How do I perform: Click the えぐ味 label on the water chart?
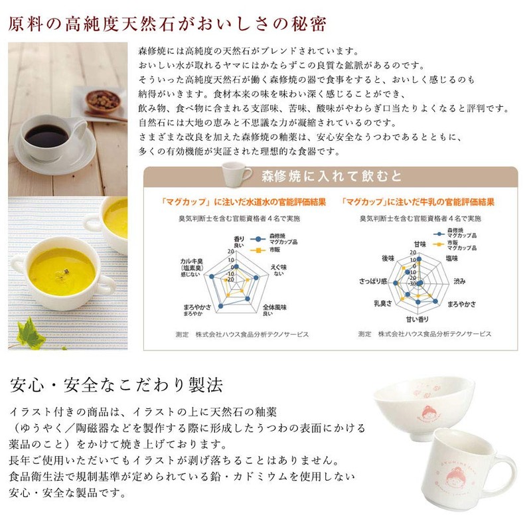tap(277, 269)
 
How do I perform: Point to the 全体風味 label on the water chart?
tap(275, 310)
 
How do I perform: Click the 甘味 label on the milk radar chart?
tap(419, 244)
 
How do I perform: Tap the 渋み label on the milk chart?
tap(459, 282)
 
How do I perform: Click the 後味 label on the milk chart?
tap(389, 258)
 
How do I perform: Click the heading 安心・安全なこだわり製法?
tap(117, 385)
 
